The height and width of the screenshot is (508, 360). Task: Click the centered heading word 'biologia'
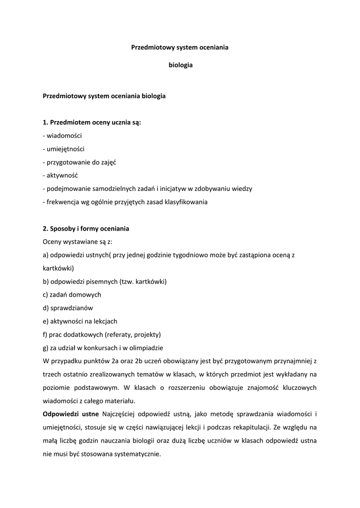tap(180, 64)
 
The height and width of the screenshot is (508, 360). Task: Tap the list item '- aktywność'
tap(61, 175)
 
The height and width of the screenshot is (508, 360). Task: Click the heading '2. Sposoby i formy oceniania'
tap(86, 229)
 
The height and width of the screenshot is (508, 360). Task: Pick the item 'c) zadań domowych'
tap(72, 294)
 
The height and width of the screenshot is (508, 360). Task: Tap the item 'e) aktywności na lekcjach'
tap(80, 321)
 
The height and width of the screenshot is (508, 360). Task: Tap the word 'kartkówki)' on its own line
tap(58, 268)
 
